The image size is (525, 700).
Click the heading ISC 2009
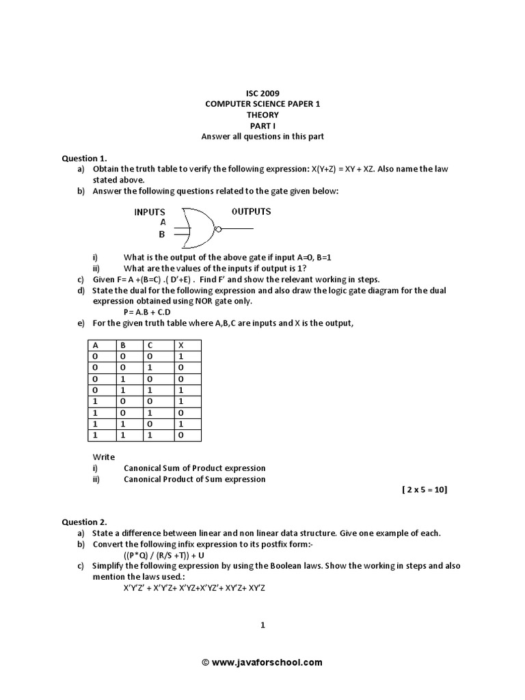[262, 93]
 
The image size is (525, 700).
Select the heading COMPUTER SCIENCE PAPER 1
[262, 104]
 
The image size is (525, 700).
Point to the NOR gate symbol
[198, 228]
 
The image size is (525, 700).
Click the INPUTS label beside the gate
[150, 212]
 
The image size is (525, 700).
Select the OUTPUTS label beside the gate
[251, 211]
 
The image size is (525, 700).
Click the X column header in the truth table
[181, 345]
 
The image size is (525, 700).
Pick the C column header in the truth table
[150, 345]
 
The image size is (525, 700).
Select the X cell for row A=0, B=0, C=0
[181, 357]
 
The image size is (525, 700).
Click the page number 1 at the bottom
[262, 624]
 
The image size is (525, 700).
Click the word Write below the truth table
[104, 457]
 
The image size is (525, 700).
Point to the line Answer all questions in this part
[262, 136]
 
